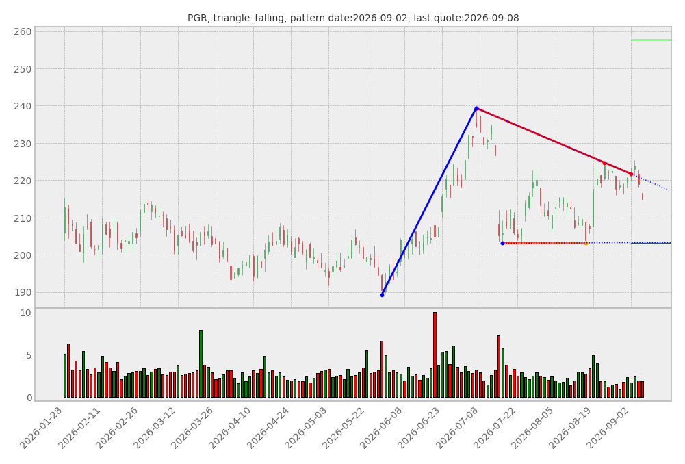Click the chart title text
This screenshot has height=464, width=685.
[x=353, y=18]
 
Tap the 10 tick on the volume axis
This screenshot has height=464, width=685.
[x=26, y=313]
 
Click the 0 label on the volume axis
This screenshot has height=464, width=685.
[x=29, y=398]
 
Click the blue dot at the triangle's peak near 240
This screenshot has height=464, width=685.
[x=476, y=108]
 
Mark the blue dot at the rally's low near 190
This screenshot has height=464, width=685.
[x=383, y=296]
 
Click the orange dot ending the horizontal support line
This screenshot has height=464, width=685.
[x=586, y=244]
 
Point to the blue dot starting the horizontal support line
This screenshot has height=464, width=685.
[x=502, y=244]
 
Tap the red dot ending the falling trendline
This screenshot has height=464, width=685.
[x=631, y=175]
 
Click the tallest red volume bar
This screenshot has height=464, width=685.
[x=435, y=355]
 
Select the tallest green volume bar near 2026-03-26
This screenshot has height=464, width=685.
[x=201, y=363]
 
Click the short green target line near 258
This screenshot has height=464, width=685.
[x=651, y=40]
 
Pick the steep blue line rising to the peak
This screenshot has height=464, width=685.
[x=430, y=202]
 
